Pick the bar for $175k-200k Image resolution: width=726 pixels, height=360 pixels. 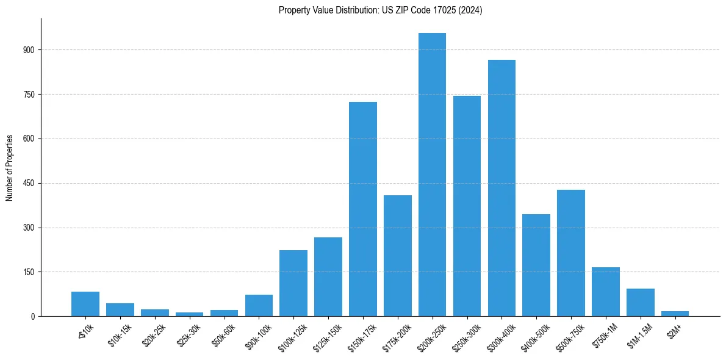[397, 256]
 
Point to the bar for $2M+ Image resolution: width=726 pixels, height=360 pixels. [675, 314]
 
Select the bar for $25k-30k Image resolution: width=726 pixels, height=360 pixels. [189, 314]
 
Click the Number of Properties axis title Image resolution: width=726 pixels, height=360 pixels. [9, 167]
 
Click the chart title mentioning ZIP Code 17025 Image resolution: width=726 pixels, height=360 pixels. [380, 10]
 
